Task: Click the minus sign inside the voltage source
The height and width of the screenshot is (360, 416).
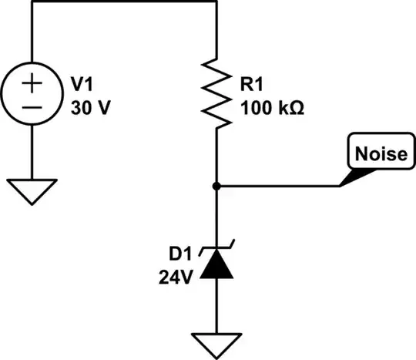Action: coord(32,109)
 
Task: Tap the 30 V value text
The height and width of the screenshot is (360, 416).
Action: coord(88,107)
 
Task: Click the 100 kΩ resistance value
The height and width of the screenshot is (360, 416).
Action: coord(272,108)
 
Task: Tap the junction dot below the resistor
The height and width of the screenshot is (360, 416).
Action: coord(218,186)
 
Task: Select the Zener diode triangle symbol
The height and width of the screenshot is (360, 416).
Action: coord(218,264)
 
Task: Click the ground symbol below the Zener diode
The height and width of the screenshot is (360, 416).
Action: coord(218,341)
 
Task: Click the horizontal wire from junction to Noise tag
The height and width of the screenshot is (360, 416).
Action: coord(277,186)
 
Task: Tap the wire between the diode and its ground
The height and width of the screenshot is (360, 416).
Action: coord(218,304)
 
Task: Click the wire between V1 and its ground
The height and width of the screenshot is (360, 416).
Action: coord(32,154)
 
